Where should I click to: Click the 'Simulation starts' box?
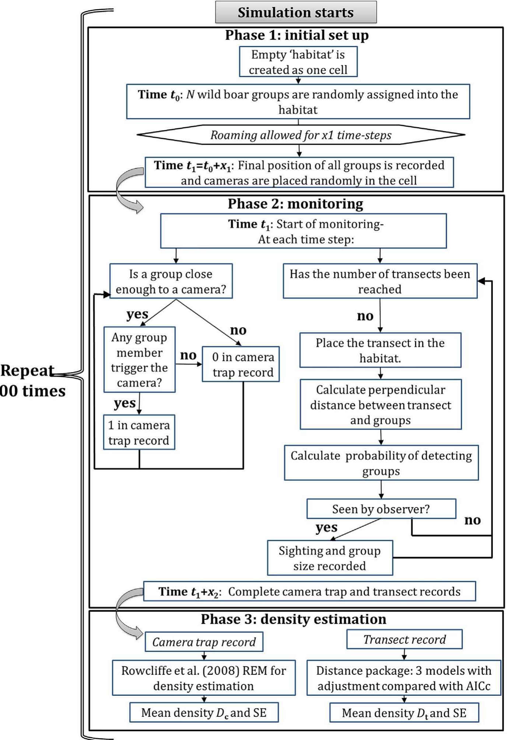[x=296, y=12]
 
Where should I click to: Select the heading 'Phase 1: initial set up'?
[x=297, y=35]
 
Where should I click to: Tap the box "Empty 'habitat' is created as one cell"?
[x=298, y=62]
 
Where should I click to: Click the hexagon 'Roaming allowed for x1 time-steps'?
[x=301, y=135]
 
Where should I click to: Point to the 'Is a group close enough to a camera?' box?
[x=171, y=281]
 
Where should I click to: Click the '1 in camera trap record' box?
[x=139, y=432]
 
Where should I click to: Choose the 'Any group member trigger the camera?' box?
[x=139, y=360]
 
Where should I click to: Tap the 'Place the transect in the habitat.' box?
[x=380, y=350]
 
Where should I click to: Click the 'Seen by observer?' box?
[x=381, y=509]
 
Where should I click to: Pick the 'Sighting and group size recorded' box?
[x=330, y=558]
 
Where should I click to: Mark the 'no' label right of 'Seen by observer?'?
[x=472, y=520]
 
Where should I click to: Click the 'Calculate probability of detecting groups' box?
[x=381, y=463]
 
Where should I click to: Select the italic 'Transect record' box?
[x=404, y=639]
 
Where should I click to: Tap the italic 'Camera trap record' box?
[x=204, y=642]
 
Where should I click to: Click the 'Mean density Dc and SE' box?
[x=204, y=713]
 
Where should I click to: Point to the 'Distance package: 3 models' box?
[x=403, y=678]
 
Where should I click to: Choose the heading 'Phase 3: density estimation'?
[x=293, y=619]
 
